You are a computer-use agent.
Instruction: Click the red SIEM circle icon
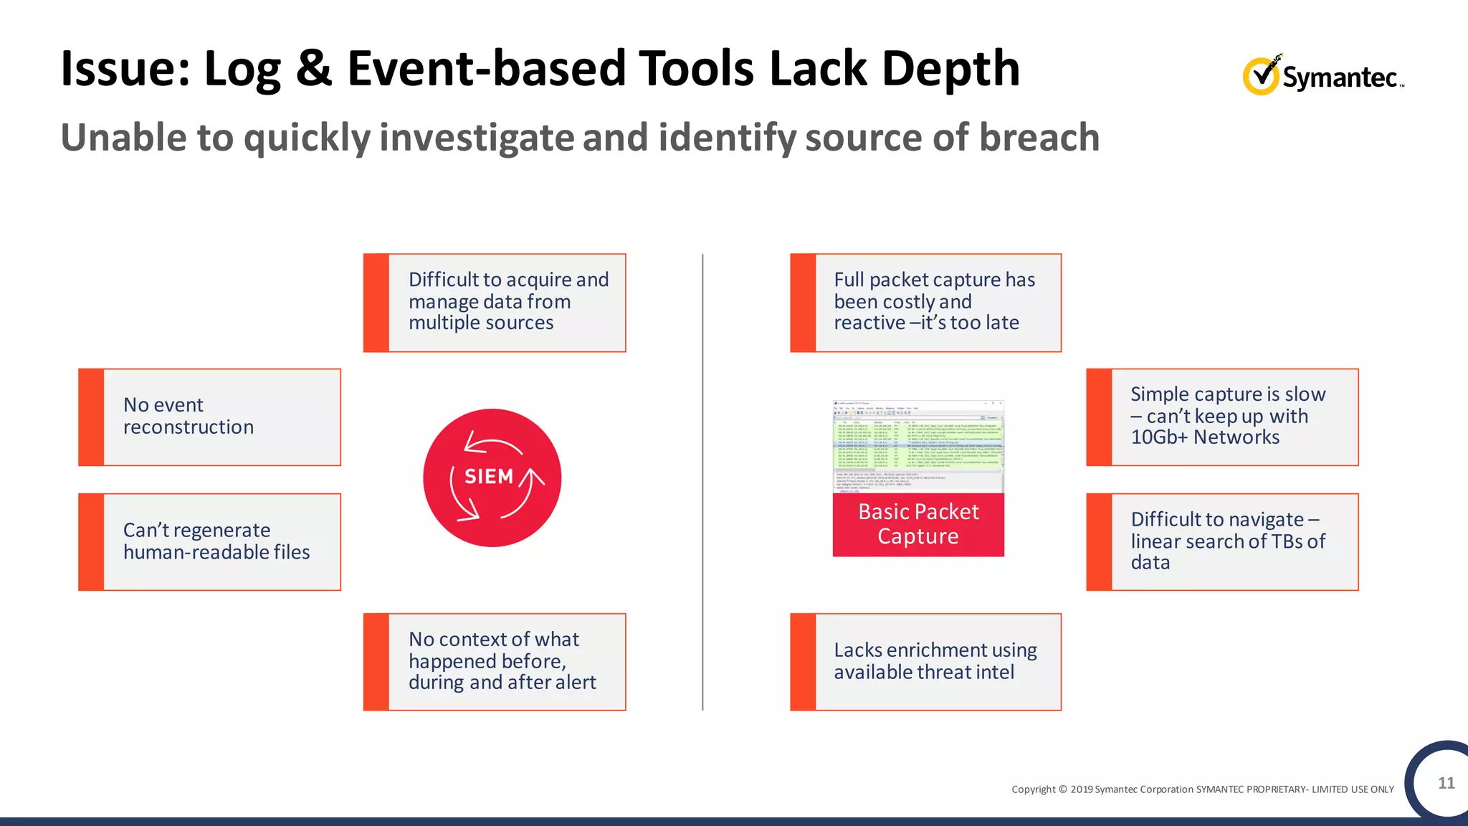pyautogui.click(x=492, y=478)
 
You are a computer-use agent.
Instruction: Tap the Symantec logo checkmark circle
pyautogui.click(x=1260, y=76)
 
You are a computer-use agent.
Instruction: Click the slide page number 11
pyautogui.click(x=1446, y=783)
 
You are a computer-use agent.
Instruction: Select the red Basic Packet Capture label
pyautogui.click(x=918, y=524)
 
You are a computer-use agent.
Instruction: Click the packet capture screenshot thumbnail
pyautogui.click(x=918, y=446)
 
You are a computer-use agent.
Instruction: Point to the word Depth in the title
pyautogui.click(x=950, y=69)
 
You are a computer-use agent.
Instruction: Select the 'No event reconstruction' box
pyautogui.click(x=209, y=417)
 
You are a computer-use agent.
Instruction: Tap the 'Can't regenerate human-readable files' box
pyautogui.click(x=209, y=541)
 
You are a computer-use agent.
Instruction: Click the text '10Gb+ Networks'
pyautogui.click(x=1205, y=437)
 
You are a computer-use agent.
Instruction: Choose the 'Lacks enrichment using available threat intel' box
pyautogui.click(x=925, y=661)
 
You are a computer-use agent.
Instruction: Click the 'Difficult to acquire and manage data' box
pyautogui.click(x=495, y=302)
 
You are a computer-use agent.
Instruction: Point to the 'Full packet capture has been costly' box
pyautogui.click(x=925, y=302)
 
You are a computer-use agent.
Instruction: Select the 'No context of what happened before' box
pyautogui.click(x=495, y=661)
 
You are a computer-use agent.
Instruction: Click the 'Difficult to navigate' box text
pyautogui.click(x=1227, y=541)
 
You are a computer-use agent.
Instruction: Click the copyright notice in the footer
pyautogui.click(x=1202, y=789)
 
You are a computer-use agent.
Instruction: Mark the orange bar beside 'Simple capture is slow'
pyautogui.click(x=1099, y=417)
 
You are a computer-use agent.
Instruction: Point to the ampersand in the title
pyautogui.click(x=313, y=69)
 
